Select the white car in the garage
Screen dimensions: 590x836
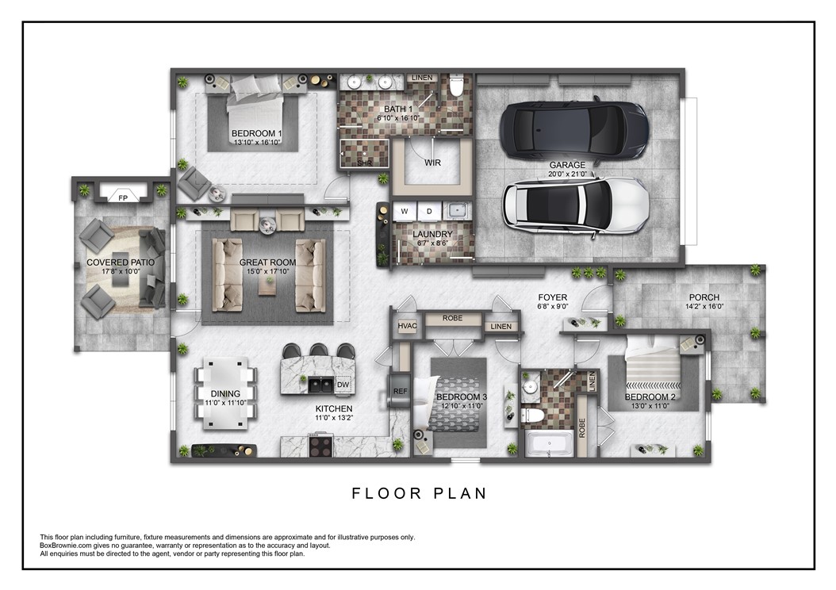tap(576, 205)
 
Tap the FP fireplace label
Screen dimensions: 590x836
tap(123, 197)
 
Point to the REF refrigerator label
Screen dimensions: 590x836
tap(400, 391)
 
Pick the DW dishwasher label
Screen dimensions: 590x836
tap(343, 385)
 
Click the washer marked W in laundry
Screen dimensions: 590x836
tap(404, 212)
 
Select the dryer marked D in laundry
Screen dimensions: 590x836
tap(429, 212)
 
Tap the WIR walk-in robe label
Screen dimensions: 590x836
tap(432, 163)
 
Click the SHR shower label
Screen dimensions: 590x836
tap(364, 164)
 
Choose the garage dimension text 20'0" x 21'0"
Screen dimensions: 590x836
tap(567, 174)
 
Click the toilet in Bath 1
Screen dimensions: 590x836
tap(456, 86)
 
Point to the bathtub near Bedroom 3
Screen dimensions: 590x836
tap(550, 442)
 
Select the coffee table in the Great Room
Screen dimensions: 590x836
tap(267, 284)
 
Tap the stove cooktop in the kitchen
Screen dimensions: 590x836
tap(321, 445)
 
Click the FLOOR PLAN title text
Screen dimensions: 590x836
tap(419, 493)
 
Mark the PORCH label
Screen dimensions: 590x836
tap(704, 297)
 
